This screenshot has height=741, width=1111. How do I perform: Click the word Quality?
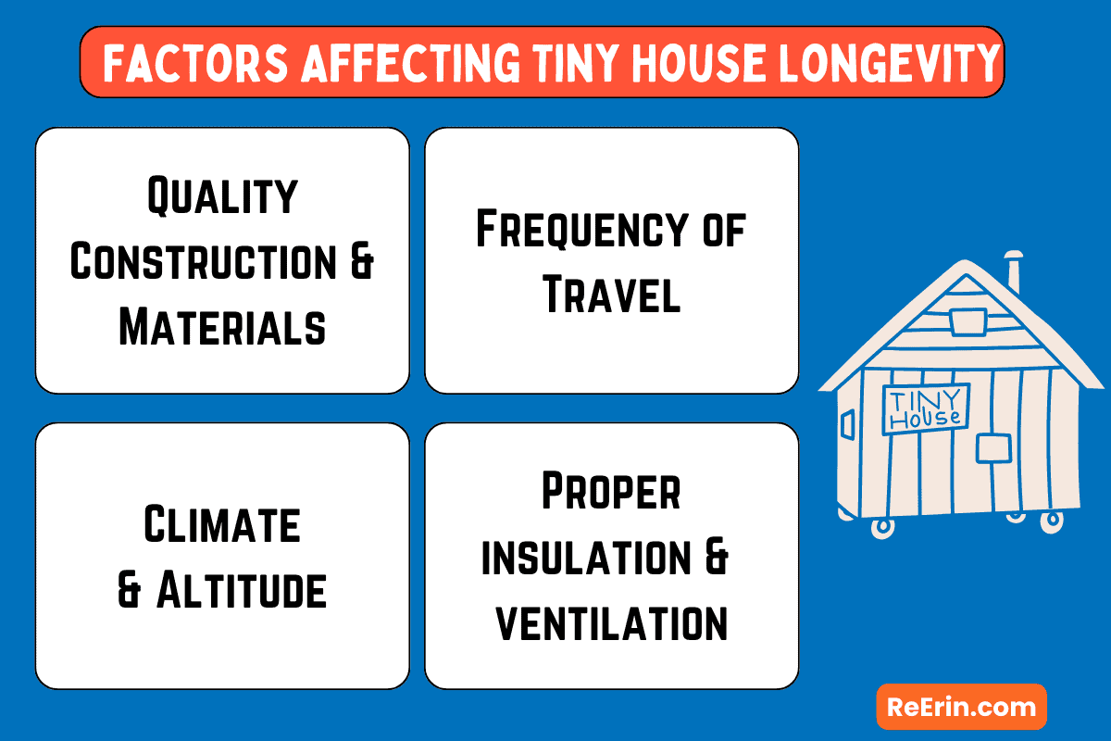222,196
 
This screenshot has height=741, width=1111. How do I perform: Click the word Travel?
611,295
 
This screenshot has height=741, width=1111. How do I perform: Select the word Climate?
222,525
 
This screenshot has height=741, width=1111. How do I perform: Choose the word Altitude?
242,590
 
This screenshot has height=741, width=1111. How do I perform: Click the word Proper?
611,492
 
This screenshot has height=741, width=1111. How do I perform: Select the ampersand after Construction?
360,262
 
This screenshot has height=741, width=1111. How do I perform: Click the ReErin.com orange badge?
961,707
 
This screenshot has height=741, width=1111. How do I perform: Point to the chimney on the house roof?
1014,270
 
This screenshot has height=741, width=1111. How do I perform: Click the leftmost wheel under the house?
883,525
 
